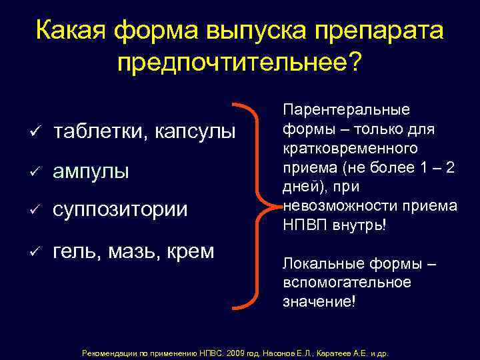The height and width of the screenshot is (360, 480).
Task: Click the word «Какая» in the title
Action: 70,31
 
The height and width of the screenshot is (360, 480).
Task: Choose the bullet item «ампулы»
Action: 91,171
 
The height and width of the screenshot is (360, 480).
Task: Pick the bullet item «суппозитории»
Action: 121,211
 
